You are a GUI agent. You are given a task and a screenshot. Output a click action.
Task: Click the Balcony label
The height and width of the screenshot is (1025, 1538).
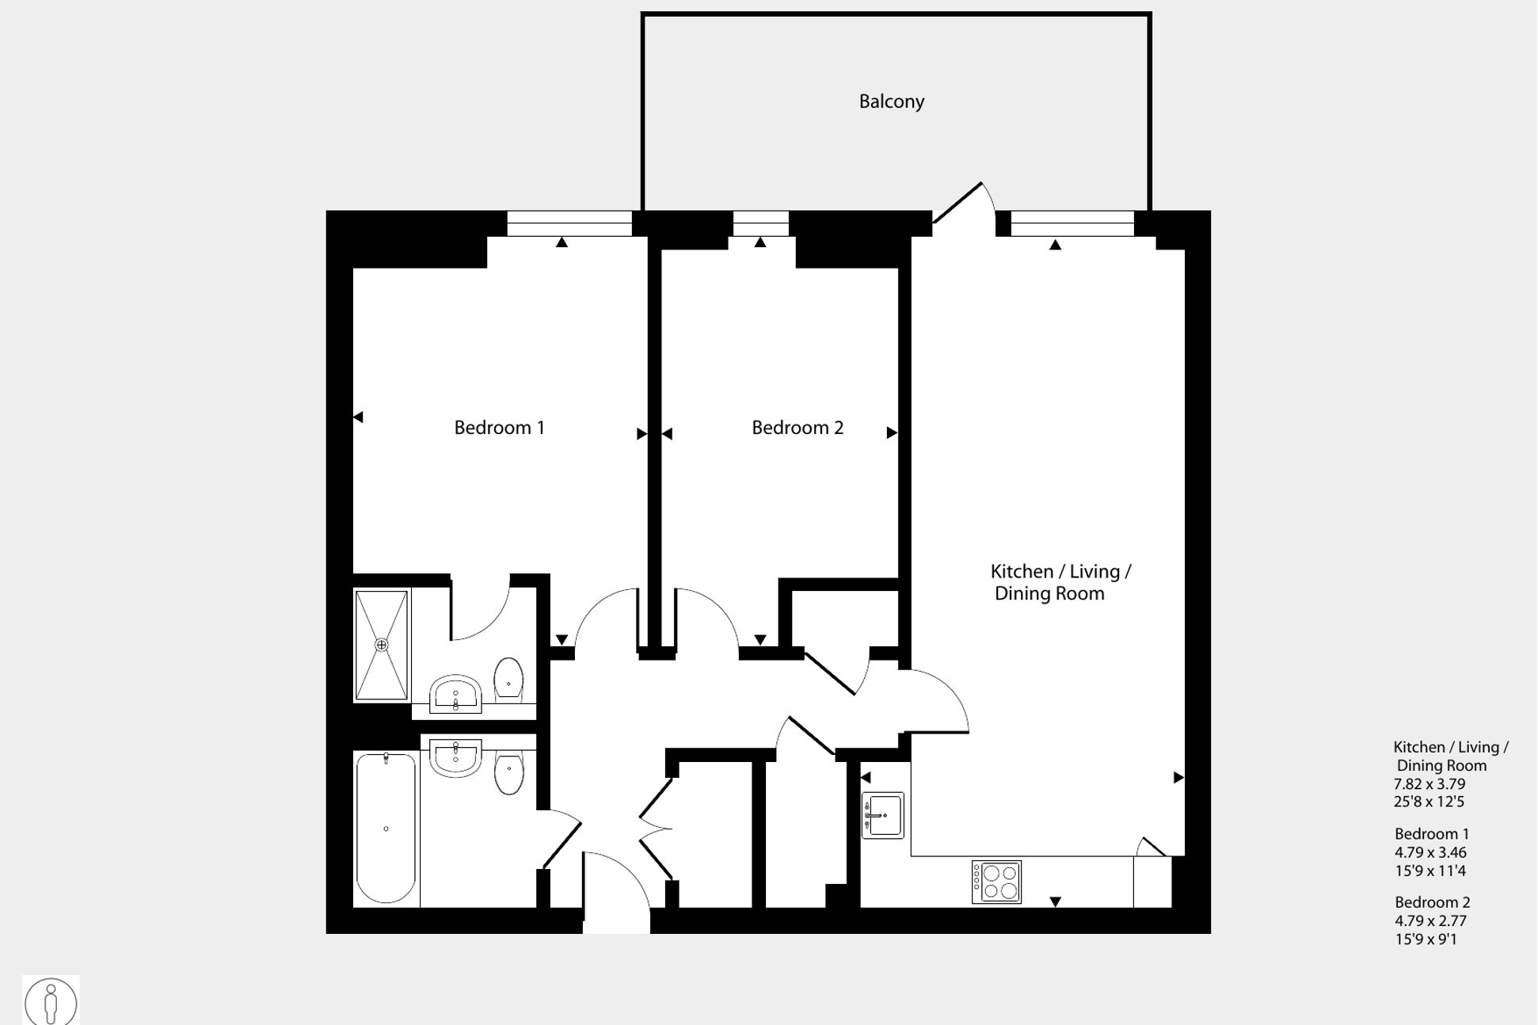tap(892, 101)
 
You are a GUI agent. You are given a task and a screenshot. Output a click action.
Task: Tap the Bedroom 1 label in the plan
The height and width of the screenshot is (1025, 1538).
tap(499, 428)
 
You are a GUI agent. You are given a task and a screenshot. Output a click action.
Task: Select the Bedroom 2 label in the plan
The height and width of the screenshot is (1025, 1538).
tap(797, 428)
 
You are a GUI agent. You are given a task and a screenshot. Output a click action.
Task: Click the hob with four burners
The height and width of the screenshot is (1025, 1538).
tap(996, 882)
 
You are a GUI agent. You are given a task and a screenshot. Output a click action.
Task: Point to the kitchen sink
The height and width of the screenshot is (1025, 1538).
tap(883, 815)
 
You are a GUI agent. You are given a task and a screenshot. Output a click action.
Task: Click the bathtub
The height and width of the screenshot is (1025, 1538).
tap(386, 828)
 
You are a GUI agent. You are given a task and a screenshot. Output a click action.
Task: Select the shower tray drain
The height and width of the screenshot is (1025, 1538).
tap(382, 645)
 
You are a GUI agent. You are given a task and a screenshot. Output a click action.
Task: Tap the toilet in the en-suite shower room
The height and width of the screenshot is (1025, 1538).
tap(508, 679)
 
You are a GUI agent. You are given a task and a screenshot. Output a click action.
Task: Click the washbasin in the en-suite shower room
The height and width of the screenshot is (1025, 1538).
tap(455, 694)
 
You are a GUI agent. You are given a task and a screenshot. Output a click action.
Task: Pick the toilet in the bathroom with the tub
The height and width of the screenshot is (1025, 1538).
tap(508, 772)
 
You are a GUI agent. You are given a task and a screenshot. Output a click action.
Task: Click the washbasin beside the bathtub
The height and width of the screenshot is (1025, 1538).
tap(455, 756)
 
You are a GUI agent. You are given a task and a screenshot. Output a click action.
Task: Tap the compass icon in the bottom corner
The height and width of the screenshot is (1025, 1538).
tap(51, 1002)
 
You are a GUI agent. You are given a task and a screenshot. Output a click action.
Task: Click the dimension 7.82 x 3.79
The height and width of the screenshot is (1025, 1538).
tap(1430, 784)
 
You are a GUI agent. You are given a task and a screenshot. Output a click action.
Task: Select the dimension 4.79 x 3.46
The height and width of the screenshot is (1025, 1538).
tap(1430, 853)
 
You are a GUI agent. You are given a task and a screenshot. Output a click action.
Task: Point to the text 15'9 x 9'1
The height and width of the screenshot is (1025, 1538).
tap(1426, 939)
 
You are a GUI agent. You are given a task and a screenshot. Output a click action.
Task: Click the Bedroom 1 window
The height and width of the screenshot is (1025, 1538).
tap(569, 223)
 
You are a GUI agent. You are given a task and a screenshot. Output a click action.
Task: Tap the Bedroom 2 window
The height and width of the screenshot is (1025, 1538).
tap(760, 223)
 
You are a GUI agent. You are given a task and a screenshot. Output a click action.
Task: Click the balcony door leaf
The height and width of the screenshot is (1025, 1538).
tap(958, 203)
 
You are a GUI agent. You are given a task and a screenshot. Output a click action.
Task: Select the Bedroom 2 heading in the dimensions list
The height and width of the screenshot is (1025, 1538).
tap(1432, 902)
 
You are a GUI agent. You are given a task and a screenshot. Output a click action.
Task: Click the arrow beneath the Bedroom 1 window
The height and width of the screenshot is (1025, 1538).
tap(562, 242)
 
